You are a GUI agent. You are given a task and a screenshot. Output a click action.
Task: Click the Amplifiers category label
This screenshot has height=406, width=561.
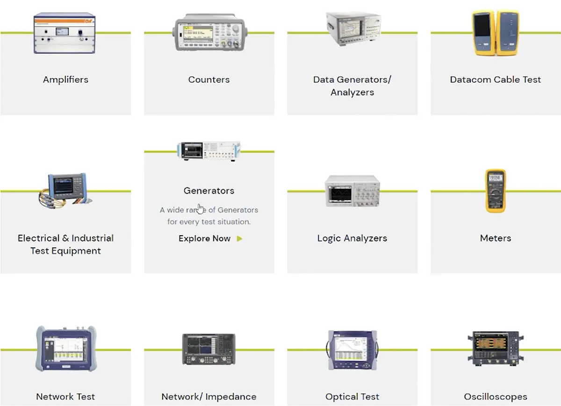click(x=65, y=80)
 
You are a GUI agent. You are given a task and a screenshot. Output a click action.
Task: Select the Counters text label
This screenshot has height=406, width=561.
click(x=209, y=80)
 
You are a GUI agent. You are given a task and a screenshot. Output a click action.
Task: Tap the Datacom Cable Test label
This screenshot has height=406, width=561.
click(x=495, y=80)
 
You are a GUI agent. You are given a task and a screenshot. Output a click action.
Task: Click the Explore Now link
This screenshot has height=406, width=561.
click(x=205, y=239)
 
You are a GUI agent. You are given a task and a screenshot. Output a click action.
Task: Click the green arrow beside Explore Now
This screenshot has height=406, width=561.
click(x=239, y=239)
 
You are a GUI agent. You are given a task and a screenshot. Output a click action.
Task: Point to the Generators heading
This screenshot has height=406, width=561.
click(x=209, y=191)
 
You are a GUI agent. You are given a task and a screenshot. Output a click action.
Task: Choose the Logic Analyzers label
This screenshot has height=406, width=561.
click(x=352, y=238)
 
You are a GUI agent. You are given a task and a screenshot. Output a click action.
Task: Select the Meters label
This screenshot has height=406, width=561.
click(x=495, y=238)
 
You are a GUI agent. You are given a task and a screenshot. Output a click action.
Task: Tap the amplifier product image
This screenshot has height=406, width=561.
click(x=65, y=33)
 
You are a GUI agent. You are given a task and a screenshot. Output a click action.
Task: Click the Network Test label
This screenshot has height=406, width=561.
click(x=65, y=397)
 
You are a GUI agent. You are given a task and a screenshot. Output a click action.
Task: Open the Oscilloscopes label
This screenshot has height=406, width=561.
click(x=495, y=397)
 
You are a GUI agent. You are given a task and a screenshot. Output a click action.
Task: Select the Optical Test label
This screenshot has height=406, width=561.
click(x=352, y=397)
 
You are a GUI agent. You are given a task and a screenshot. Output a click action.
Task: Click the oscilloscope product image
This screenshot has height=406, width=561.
click(x=495, y=348)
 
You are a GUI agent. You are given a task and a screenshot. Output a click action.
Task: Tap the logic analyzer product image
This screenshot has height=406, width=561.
click(x=352, y=191)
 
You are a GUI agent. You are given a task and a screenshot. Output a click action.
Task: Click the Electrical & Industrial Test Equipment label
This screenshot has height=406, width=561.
click(x=65, y=244)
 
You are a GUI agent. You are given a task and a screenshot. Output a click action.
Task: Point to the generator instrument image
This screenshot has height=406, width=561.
click(x=209, y=151)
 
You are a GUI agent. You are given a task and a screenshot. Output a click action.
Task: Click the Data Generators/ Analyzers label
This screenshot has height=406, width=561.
click(x=352, y=86)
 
